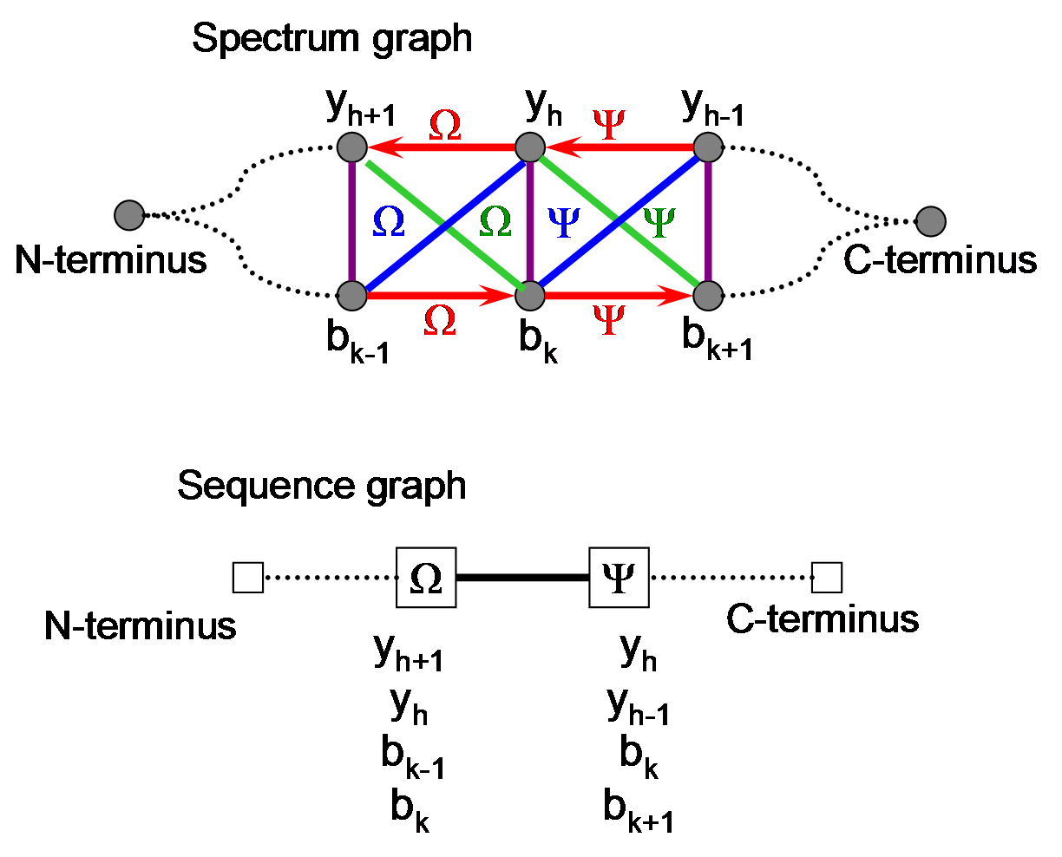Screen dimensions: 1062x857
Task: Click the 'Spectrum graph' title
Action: (331, 40)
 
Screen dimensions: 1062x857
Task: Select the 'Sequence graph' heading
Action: (322, 487)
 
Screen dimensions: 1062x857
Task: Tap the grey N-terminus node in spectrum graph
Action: (129, 215)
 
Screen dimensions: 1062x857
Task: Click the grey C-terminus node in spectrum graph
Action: (931, 221)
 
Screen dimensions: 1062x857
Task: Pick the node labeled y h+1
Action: (352, 147)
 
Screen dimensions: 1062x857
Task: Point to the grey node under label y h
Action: (530, 147)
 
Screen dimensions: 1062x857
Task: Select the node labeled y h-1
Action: (708, 147)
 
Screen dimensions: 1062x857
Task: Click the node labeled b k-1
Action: (352, 296)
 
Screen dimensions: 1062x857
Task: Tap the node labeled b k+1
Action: (708, 296)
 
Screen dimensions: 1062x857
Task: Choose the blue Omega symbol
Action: (389, 221)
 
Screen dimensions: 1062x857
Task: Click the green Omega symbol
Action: (495, 221)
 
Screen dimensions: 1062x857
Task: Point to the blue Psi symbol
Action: (564, 222)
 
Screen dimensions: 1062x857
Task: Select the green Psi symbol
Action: (659, 222)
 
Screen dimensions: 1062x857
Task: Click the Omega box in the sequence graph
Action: (426, 578)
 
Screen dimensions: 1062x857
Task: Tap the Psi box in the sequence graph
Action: (619, 578)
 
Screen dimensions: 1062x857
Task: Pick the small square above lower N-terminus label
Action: (248, 578)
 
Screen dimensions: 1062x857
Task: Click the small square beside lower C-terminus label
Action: (827, 578)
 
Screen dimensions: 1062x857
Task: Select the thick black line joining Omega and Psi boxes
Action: (522, 578)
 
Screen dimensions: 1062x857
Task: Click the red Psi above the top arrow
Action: (609, 124)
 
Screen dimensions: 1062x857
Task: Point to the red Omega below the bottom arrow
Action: (440, 320)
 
